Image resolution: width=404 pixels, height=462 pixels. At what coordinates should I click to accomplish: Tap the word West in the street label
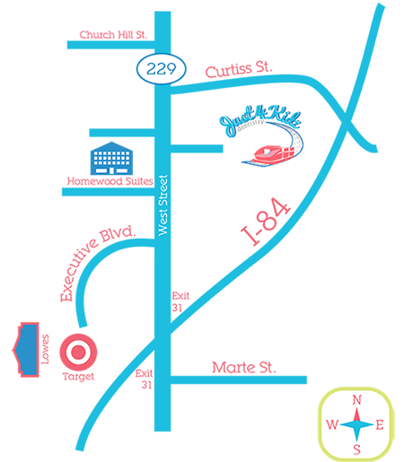tap(163, 222)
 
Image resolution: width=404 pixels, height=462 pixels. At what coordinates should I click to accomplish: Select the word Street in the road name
tap(163, 192)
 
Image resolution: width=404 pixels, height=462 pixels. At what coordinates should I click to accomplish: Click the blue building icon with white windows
tap(112, 161)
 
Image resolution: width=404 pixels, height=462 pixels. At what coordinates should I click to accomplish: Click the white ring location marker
tap(78, 353)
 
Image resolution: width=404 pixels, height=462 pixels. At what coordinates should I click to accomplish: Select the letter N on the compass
tap(356, 400)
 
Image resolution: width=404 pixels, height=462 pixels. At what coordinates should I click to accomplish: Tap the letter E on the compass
tap(380, 425)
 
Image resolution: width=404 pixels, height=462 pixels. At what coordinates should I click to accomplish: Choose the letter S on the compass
tap(356, 449)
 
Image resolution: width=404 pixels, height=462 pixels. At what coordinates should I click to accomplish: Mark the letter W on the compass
tap(331, 425)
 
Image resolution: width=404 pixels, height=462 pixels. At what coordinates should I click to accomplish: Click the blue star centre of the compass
tap(356, 424)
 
